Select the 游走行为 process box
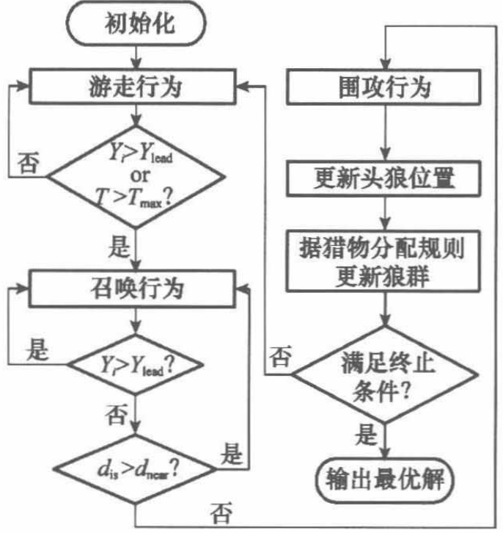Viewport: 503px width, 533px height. click(x=137, y=87)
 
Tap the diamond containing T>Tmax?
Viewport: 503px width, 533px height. click(x=137, y=175)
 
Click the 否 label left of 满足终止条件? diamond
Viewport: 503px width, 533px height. click(x=279, y=359)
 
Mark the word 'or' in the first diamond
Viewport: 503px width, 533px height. click(x=139, y=175)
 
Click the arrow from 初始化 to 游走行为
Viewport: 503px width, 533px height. click(x=137, y=57)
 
